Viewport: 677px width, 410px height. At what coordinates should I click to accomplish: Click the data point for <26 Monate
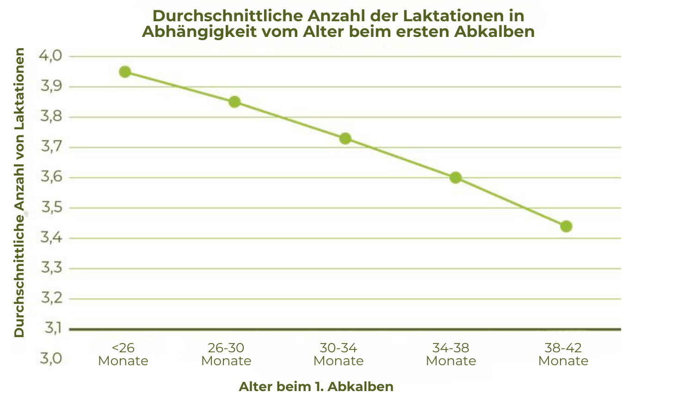point(125,72)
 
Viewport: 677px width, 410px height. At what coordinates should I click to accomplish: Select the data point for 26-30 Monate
point(234,102)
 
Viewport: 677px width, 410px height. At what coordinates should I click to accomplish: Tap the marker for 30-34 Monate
point(345,139)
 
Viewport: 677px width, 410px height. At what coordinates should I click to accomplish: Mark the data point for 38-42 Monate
point(566,226)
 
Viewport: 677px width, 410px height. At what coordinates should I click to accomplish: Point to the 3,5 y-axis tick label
point(51,208)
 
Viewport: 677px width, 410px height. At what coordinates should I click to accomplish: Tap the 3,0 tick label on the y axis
point(51,358)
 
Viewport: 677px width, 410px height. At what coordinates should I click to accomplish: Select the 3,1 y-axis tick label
point(52,328)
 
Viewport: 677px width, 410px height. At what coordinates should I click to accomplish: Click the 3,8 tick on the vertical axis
point(51,117)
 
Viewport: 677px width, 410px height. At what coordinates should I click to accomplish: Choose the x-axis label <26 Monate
point(123,354)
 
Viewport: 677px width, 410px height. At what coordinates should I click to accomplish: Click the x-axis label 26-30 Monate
point(226,354)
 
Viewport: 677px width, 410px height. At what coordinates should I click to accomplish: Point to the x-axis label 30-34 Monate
point(338,354)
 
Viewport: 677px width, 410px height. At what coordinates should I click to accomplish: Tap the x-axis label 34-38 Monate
point(451,354)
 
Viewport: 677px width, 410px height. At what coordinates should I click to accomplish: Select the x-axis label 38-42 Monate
point(563,354)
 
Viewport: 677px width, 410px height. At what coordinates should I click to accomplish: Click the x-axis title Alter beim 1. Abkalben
point(316,386)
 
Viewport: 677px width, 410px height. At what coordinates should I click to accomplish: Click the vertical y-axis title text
point(19,193)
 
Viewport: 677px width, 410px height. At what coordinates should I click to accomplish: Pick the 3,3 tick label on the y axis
point(51,268)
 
